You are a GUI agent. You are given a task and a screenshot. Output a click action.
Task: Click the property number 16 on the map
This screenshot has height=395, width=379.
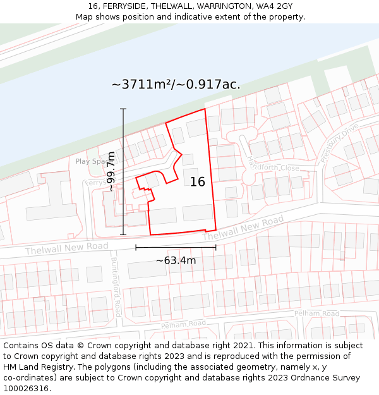pos(198,182)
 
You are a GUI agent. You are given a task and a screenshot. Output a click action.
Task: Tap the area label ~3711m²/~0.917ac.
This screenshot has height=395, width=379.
pos(176,85)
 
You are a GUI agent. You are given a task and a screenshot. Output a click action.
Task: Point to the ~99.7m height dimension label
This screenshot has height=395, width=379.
pos(111,171)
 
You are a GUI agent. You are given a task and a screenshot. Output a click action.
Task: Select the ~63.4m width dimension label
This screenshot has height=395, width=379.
pos(176,260)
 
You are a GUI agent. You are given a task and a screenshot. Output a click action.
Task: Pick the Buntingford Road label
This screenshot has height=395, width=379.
pos(116,287)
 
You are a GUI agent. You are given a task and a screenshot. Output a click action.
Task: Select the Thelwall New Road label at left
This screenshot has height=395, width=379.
pos(67,248)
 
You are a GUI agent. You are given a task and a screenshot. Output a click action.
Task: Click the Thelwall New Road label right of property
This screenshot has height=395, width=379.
pos(243,228)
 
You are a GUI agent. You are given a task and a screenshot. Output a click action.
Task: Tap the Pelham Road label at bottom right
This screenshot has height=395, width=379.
pos(316,313)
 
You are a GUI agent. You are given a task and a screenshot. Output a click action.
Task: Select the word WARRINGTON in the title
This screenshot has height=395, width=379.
pos(215,6)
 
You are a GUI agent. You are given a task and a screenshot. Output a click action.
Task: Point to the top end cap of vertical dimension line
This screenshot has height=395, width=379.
pos(123,109)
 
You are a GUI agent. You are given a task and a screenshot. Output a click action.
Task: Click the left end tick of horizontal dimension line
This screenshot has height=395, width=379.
pos(136,247)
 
